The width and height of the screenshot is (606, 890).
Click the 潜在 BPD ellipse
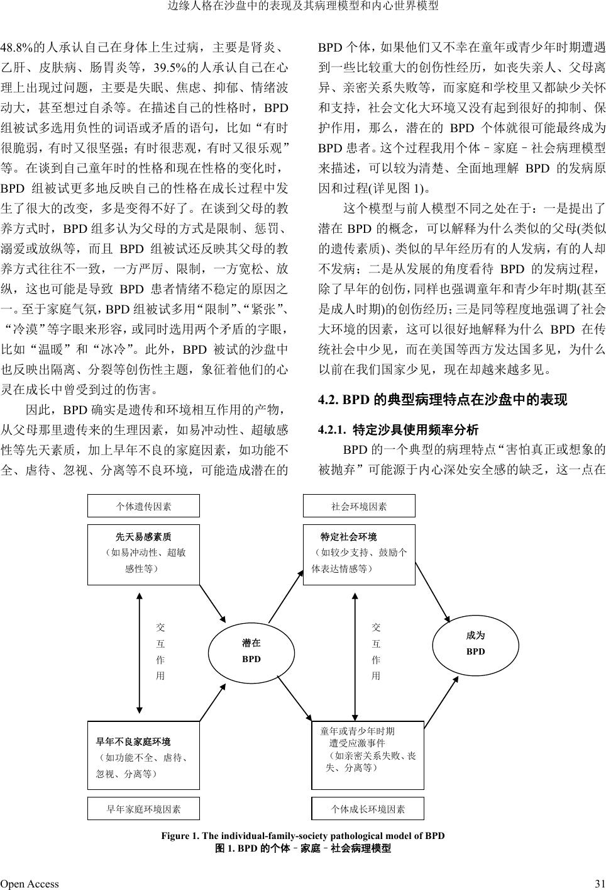click(x=251, y=651)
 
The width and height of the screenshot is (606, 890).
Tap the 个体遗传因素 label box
click(x=143, y=506)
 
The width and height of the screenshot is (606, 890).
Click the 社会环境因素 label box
click(x=359, y=506)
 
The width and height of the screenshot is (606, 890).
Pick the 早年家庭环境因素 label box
click(x=143, y=809)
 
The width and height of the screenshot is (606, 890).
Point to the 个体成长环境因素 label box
click(x=368, y=809)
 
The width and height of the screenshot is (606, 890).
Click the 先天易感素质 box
click(x=143, y=555)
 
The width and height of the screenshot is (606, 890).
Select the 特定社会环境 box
click(x=359, y=555)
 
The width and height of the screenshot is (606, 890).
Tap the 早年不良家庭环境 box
click(x=143, y=755)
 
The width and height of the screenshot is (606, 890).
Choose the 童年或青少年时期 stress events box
click(x=368, y=755)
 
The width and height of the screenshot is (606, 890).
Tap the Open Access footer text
click(x=30, y=884)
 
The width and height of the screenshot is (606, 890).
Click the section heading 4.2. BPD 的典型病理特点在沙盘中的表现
click(x=443, y=400)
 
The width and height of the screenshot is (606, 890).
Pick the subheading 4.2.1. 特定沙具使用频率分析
click(x=399, y=430)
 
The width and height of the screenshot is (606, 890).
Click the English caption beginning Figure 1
click(x=303, y=836)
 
